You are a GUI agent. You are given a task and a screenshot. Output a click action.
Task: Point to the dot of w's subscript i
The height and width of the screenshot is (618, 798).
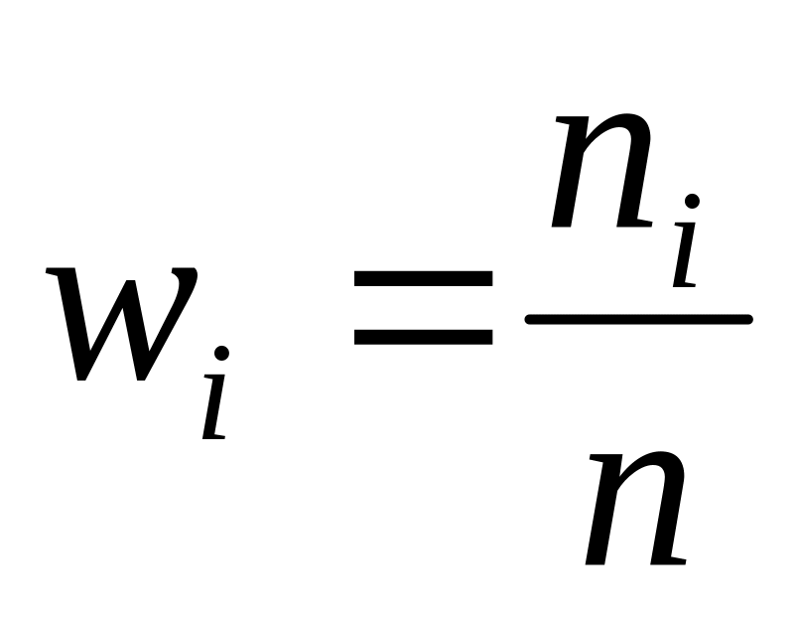pyautogui.click(x=221, y=353)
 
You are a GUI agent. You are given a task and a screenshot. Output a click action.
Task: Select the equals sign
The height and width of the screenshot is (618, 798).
pyautogui.click(x=424, y=308)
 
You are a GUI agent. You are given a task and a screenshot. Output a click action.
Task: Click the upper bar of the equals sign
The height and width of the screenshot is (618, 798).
pyautogui.click(x=424, y=280)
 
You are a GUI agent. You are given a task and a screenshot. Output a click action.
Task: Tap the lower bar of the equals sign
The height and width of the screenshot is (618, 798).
pyautogui.click(x=424, y=337)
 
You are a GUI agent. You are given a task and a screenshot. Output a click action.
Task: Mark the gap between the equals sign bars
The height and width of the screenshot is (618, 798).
pyautogui.click(x=424, y=308)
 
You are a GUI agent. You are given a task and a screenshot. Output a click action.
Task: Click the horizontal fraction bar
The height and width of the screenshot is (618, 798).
pyautogui.click(x=638, y=319)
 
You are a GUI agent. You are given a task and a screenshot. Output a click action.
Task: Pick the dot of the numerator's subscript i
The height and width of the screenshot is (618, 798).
pyautogui.click(x=692, y=202)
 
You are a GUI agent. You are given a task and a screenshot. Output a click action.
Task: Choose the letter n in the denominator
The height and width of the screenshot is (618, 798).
pyautogui.click(x=635, y=507)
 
